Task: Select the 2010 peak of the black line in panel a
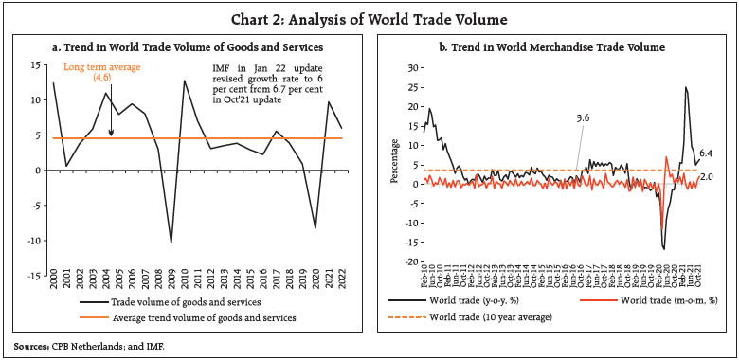[184, 81]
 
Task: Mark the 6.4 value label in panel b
[706, 153]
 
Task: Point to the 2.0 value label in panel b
[706, 177]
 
